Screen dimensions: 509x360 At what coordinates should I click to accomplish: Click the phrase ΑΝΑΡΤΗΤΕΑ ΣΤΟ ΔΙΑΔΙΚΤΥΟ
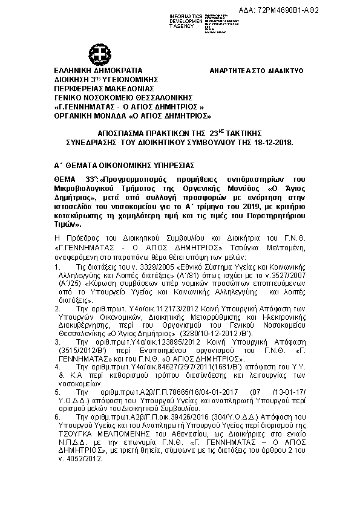click(x=257, y=71)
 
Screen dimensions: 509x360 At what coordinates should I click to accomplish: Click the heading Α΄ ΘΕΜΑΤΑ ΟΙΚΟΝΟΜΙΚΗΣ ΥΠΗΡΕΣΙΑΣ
click(x=123, y=164)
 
